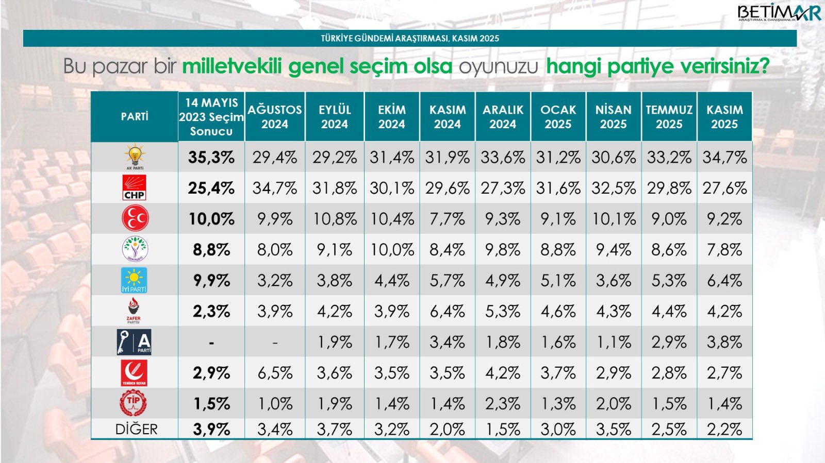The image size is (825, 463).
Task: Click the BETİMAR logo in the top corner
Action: (778, 13)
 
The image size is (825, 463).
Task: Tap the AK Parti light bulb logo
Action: (135, 156)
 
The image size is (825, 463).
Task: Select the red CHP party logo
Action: (134, 187)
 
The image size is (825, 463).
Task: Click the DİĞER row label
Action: (136, 429)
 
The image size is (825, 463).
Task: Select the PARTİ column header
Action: (135, 116)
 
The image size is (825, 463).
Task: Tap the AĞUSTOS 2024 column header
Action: (274, 116)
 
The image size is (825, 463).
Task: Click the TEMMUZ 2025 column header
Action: (669, 116)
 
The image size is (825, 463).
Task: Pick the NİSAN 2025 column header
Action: (613, 116)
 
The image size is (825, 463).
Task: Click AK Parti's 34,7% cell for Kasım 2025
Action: (724, 157)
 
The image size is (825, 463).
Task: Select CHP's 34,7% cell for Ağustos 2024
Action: (274, 188)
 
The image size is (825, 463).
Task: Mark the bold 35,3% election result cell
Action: (211, 157)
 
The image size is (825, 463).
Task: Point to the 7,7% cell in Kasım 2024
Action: (447, 219)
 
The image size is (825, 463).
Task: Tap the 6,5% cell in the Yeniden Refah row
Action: (274, 373)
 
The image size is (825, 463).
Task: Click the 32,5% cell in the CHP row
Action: (613, 188)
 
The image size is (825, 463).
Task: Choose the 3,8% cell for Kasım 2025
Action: (724, 342)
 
